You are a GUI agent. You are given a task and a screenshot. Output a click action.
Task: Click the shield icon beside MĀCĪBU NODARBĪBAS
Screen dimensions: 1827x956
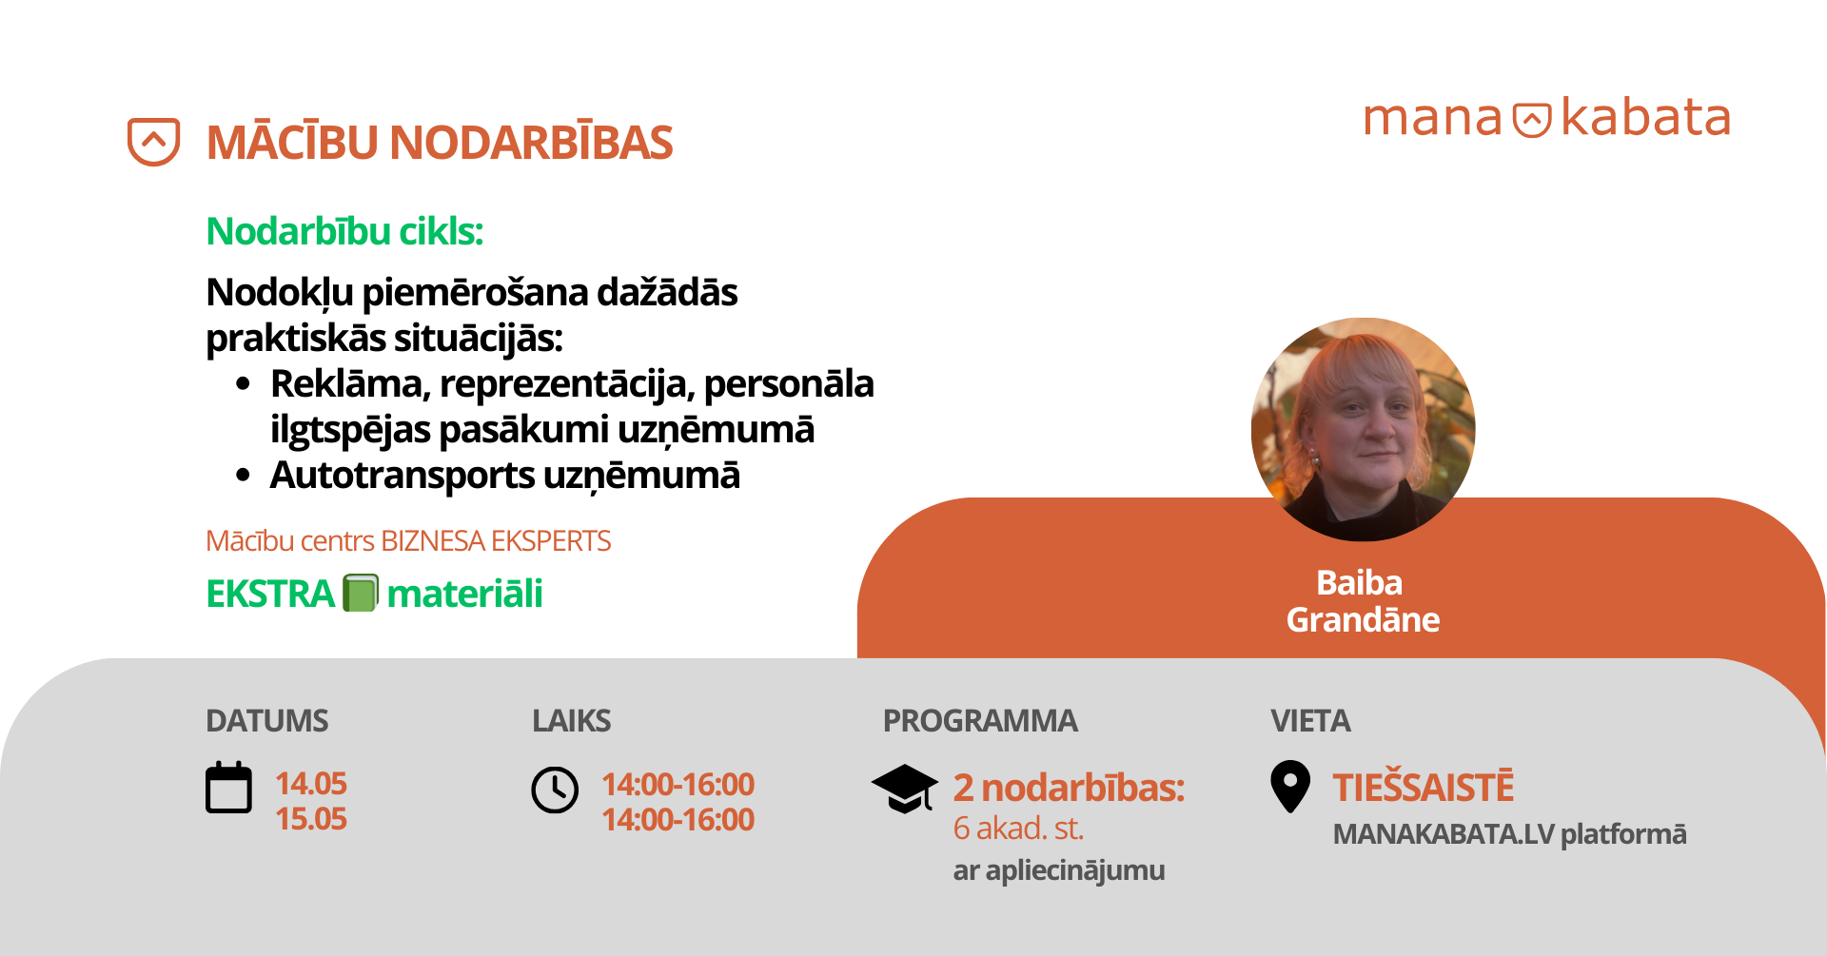click(153, 142)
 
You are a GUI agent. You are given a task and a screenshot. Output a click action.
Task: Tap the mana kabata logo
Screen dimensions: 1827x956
click(1546, 119)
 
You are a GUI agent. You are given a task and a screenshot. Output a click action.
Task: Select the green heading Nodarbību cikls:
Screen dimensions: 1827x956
click(344, 231)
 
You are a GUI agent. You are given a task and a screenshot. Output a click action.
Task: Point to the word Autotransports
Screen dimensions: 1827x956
click(403, 475)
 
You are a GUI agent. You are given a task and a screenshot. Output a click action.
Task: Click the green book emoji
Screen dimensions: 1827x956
click(361, 593)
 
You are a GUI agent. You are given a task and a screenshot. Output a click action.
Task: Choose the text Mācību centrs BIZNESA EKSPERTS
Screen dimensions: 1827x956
click(408, 540)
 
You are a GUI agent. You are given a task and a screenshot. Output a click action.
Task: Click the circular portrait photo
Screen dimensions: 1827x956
click(1363, 429)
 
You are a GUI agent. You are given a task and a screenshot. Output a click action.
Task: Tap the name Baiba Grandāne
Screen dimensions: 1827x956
click(1363, 600)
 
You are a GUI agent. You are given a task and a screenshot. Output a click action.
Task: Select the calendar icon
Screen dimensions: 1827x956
click(228, 788)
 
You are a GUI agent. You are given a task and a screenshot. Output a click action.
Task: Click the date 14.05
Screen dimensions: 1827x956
click(311, 784)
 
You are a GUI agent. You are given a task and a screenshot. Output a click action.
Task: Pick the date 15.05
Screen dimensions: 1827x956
click(311, 819)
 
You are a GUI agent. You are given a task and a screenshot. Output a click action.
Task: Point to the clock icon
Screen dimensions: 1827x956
click(555, 790)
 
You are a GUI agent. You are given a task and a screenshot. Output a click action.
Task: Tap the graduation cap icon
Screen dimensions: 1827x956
click(905, 789)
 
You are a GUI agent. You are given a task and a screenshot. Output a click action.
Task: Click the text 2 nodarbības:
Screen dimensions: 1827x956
click(1069, 788)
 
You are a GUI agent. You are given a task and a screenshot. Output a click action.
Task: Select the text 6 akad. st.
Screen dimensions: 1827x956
click(1018, 829)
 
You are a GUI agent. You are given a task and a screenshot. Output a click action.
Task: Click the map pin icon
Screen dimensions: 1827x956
click(1290, 787)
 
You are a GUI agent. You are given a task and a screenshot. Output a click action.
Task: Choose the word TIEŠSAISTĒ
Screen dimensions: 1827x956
click(1423, 787)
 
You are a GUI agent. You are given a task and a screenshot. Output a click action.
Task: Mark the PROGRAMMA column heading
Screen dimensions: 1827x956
click(980, 721)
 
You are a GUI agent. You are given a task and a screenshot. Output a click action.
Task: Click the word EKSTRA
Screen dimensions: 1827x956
click(270, 594)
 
